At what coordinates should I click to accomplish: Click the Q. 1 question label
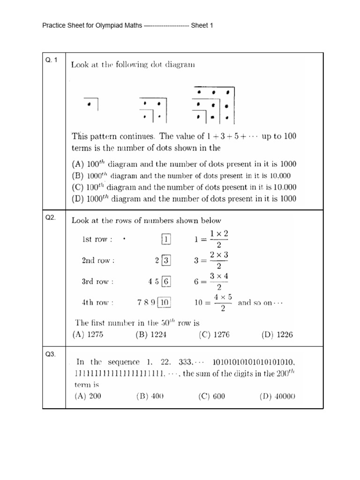(x=51, y=60)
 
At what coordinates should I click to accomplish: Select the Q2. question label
(x=51, y=217)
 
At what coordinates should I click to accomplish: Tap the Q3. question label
(x=51, y=354)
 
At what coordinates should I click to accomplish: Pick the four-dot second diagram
(x=153, y=109)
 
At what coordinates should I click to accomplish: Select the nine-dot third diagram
(x=213, y=104)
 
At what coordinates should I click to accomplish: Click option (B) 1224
(x=151, y=335)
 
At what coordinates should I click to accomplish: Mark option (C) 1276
(x=214, y=335)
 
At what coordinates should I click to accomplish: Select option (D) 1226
(x=277, y=335)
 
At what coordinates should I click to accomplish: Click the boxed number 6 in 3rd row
(x=166, y=282)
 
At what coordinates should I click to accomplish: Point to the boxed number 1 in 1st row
(x=166, y=240)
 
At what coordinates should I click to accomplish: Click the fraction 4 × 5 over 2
(x=223, y=303)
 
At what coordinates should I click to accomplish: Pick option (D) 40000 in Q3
(x=277, y=396)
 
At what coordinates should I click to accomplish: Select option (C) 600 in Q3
(x=212, y=396)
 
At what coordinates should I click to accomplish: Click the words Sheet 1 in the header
(x=202, y=25)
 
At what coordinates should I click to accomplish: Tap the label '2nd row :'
(x=98, y=261)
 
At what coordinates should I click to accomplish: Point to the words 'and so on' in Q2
(x=261, y=303)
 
